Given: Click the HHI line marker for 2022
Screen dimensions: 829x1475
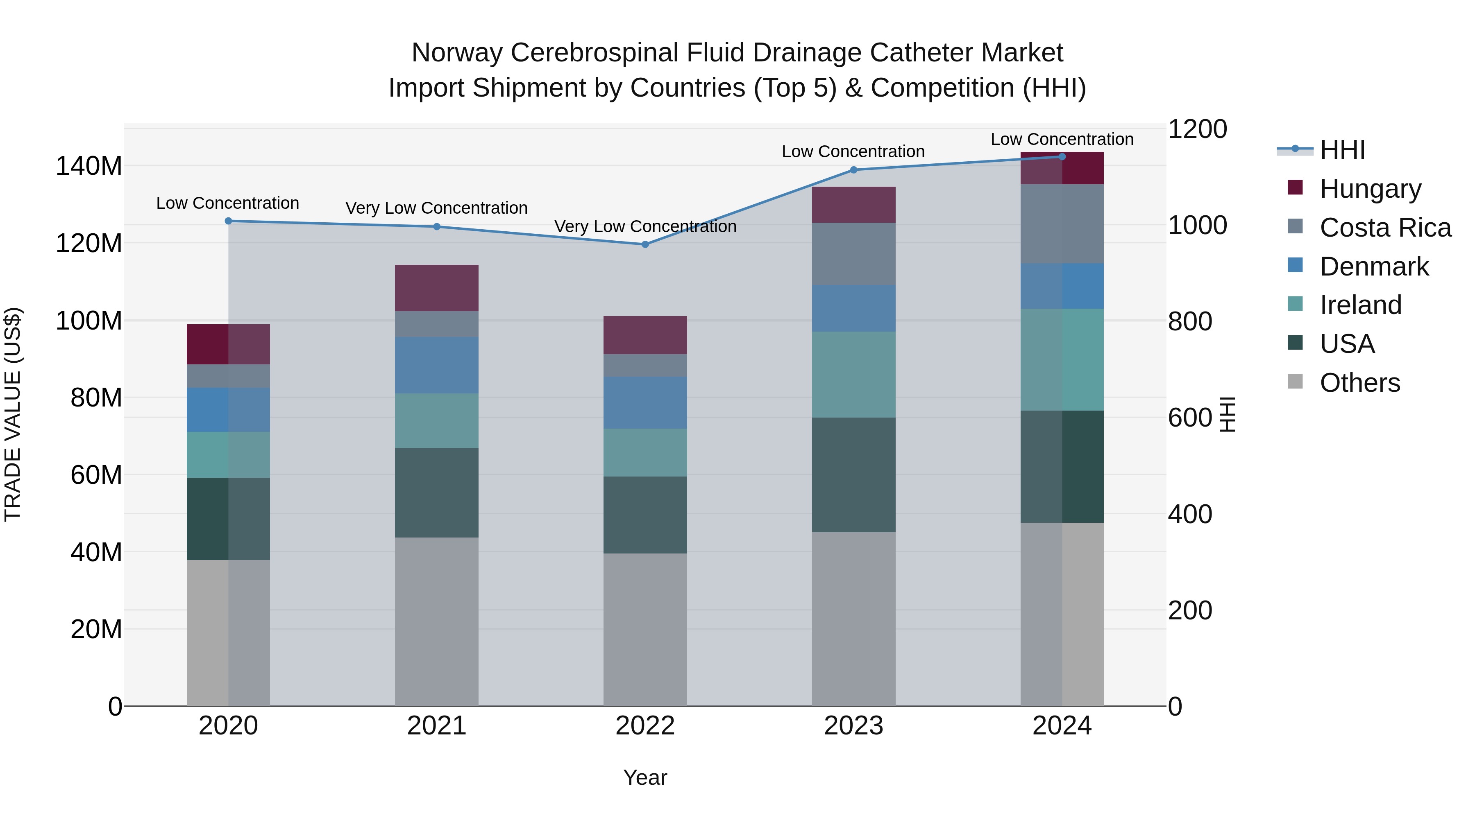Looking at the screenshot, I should (645, 244).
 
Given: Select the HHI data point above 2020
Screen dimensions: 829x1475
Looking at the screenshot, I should (229, 221).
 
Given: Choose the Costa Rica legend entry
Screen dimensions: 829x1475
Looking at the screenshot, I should (1384, 227).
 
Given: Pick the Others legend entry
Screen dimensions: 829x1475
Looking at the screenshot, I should (1359, 382).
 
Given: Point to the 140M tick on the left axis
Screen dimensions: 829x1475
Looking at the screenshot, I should (89, 167).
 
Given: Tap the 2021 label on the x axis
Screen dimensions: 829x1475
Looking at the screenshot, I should (436, 726).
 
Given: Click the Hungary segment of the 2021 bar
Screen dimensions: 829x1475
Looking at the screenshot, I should (436, 288).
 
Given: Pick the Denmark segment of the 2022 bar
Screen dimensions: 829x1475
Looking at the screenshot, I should (645, 403).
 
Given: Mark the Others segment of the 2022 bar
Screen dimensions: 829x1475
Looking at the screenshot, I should (645, 629).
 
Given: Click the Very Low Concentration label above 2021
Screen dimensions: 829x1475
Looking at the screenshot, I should (436, 208).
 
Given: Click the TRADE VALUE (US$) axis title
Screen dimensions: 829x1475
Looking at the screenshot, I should (13, 414).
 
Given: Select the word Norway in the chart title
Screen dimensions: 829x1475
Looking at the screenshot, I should (457, 53).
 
